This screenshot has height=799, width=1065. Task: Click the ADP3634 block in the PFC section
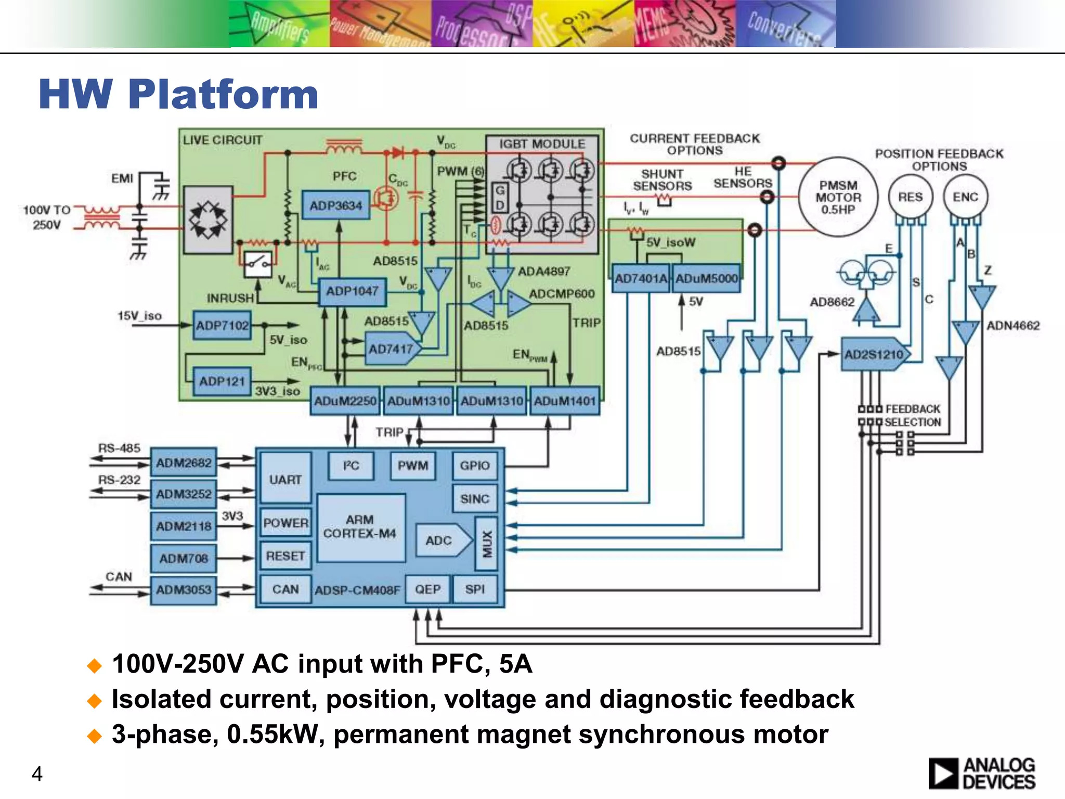tap(335, 205)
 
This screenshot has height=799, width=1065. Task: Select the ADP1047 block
tap(352, 291)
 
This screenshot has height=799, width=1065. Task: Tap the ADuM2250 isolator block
tap(345, 401)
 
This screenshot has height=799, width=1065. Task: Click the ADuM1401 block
tap(564, 401)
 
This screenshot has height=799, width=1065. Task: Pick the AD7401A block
tap(640, 278)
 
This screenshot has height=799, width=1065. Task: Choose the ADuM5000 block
tap(706, 278)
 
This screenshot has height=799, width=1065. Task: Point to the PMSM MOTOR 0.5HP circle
tap(838, 197)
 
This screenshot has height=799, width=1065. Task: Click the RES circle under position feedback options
tap(910, 197)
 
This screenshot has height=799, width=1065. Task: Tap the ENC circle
tap(965, 197)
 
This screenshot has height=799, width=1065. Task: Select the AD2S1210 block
tap(874, 355)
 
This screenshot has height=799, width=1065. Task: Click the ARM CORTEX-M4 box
tap(360, 527)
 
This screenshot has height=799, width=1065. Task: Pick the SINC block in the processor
tap(474, 499)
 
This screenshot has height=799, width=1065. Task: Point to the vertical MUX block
tap(487, 543)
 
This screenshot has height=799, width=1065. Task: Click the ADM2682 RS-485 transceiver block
tap(184, 462)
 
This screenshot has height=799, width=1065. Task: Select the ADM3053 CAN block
tap(184, 590)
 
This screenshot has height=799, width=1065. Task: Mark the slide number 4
tap(37, 774)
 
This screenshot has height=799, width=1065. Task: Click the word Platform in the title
tap(223, 95)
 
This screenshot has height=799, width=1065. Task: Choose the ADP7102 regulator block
tap(222, 326)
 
